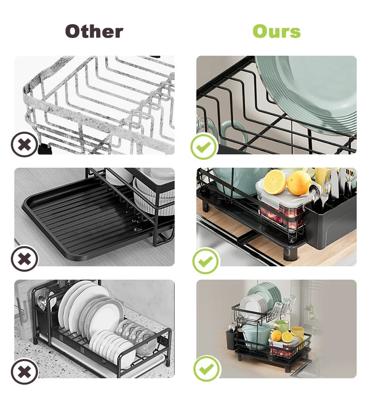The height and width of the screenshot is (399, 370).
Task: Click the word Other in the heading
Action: pos(94,31)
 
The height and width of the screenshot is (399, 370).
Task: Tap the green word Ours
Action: pos(277,31)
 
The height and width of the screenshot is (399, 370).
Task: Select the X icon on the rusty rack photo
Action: pos(25,145)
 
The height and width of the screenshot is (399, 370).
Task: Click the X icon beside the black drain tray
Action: pos(25,258)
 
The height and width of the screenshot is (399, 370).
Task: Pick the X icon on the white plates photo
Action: pos(25,371)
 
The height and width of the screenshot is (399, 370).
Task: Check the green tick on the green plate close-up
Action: pos(204,146)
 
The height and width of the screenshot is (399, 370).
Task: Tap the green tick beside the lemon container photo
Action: pos(206,261)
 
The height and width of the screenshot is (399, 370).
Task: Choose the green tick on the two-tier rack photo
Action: pos(207,368)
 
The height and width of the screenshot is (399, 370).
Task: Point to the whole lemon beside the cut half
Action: pos(299,182)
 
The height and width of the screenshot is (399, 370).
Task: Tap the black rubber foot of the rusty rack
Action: pos(45,149)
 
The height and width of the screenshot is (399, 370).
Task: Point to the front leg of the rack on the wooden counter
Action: pos(290,252)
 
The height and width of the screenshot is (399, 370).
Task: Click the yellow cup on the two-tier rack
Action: pos(298,333)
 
